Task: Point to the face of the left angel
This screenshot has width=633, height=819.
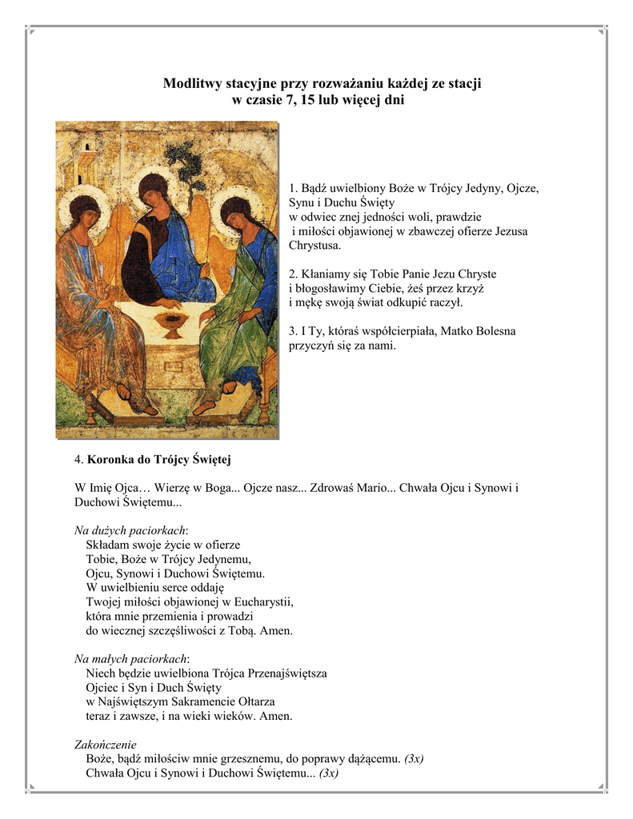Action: tap(86, 215)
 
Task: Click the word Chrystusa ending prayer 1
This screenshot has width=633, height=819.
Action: tap(314, 245)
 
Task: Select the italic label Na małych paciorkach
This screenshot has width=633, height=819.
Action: tap(130, 658)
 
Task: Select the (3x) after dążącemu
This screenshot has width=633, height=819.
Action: tap(414, 758)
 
